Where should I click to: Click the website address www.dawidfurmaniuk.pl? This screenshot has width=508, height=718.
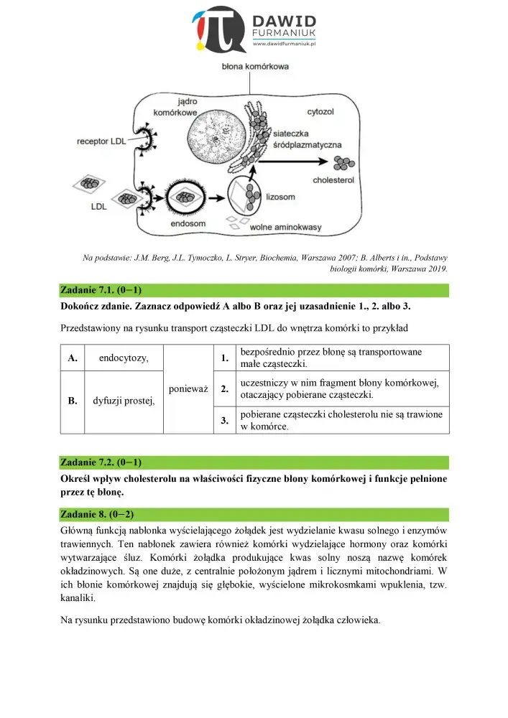click(285, 45)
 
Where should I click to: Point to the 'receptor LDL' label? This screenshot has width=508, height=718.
click(101, 141)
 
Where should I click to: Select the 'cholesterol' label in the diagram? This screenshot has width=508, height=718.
click(333, 181)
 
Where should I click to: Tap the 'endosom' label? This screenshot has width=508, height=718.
click(188, 223)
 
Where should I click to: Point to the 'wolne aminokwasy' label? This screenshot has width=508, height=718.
click(285, 227)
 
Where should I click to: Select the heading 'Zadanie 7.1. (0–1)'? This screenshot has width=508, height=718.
click(101, 291)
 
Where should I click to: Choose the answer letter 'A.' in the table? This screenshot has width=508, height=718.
click(72, 358)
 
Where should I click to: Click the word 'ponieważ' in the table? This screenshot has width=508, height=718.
click(188, 388)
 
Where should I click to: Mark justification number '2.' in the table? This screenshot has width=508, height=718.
click(225, 388)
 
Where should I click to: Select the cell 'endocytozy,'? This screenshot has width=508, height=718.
click(124, 358)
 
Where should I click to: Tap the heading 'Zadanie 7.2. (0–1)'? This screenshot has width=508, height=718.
click(101, 462)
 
